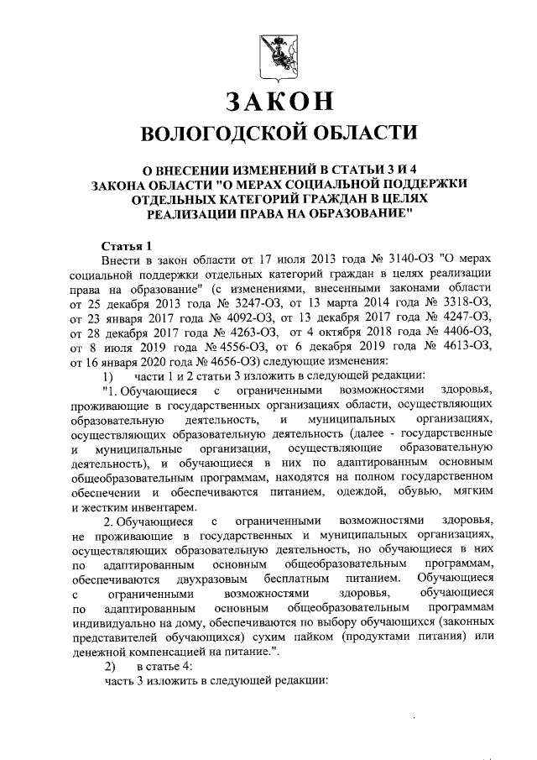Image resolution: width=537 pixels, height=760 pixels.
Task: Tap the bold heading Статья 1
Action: tap(125, 246)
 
